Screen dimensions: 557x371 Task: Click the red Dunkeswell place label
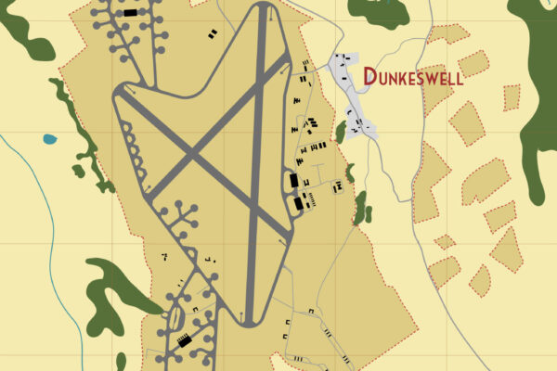(x=412, y=76)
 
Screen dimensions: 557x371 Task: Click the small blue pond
(x=49, y=139)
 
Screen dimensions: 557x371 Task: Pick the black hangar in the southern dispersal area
(x=185, y=341)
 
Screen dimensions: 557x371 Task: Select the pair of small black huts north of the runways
(x=213, y=34)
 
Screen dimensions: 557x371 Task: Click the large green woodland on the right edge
(x=538, y=102)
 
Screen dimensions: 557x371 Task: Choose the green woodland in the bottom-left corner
(x=111, y=288)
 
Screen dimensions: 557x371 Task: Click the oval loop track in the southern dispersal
(x=171, y=321)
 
